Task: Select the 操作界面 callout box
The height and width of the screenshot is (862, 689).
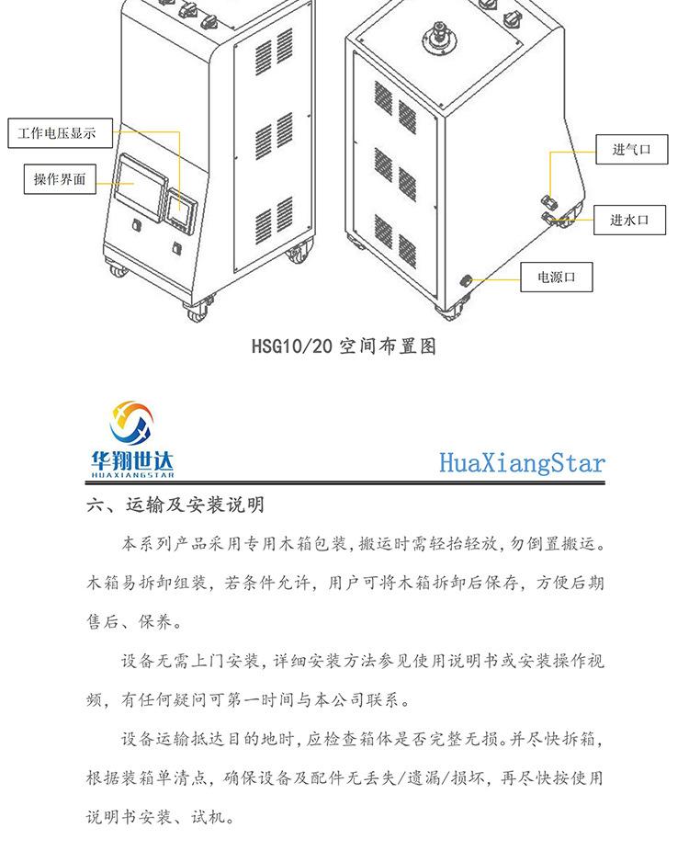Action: [60, 178]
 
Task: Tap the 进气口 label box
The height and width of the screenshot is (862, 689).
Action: [631, 149]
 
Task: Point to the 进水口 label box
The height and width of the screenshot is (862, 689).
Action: [629, 220]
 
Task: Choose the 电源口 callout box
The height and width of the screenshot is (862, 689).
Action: [557, 277]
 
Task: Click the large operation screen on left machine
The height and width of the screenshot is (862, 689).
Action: [138, 183]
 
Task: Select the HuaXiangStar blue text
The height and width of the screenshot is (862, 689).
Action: [522, 461]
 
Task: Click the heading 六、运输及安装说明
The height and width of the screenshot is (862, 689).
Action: [175, 505]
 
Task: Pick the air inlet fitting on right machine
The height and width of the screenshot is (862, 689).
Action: [549, 201]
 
